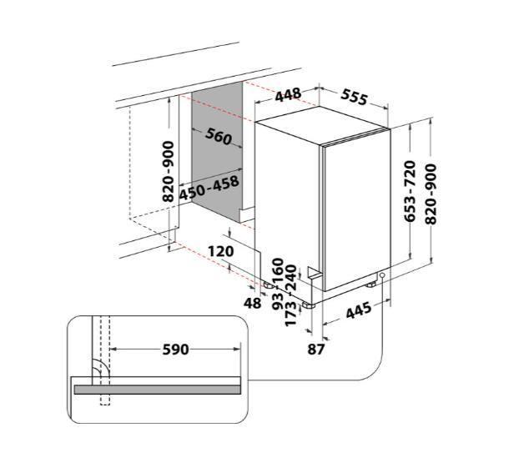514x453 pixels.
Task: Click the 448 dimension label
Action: click(x=288, y=95)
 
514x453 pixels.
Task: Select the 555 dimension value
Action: click(x=354, y=97)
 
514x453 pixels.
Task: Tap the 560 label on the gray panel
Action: click(x=219, y=136)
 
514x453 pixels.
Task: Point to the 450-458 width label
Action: click(x=209, y=188)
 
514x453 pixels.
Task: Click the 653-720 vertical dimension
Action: click(x=410, y=191)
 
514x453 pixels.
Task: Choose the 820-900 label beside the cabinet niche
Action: click(x=169, y=171)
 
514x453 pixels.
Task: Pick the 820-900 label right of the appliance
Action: click(x=431, y=194)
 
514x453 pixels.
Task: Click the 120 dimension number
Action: click(x=221, y=251)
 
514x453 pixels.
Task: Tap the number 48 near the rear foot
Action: click(x=252, y=303)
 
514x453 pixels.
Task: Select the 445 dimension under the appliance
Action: click(x=360, y=310)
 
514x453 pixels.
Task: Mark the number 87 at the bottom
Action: click(x=316, y=349)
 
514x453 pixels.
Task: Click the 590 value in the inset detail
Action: click(x=176, y=350)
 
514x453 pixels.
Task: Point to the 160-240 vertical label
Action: click(x=285, y=274)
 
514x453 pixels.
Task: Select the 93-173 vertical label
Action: click(x=285, y=310)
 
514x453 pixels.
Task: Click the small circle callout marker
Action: click(x=382, y=275)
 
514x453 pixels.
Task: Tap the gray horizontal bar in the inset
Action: click(x=158, y=390)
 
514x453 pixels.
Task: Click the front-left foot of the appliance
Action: click(x=309, y=305)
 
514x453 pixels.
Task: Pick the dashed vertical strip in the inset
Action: click(x=105, y=360)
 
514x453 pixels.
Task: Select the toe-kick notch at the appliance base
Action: click(x=313, y=273)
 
